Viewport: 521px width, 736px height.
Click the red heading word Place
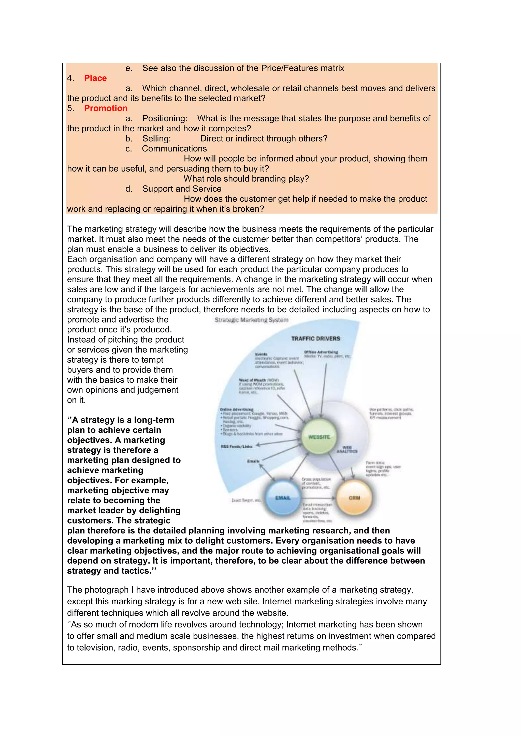(95, 78)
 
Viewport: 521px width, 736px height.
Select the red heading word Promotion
(106, 108)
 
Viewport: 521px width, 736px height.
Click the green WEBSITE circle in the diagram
(319, 437)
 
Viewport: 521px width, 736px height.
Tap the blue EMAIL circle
(283, 498)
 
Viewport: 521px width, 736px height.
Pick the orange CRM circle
(354, 498)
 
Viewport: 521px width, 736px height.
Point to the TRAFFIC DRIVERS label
(315, 339)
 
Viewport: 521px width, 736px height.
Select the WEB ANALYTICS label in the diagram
(347, 449)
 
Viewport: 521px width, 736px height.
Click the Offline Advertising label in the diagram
(321, 352)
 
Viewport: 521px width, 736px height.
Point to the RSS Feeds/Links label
(236, 446)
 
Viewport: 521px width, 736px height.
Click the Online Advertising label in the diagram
(236, 409)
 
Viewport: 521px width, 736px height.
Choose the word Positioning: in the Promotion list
(165, 119)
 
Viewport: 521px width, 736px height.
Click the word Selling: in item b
(156, 139)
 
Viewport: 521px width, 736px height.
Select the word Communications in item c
(174, 149)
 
